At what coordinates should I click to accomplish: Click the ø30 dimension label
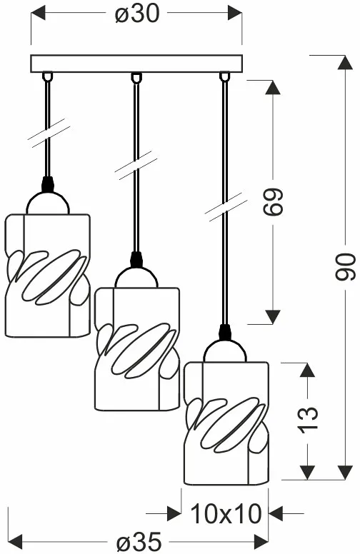tap(137, 14)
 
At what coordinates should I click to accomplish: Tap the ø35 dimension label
tap(139, 541)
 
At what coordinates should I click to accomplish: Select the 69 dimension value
tap(273, 201)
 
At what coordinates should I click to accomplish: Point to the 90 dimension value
tap(345, 267)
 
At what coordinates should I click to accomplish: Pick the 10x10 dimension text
tap(226, 514)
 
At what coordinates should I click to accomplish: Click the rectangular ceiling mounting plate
tap(136, 64)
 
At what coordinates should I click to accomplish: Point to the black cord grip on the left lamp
tap(47, 184)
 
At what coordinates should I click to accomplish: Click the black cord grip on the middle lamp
tap(136, 259)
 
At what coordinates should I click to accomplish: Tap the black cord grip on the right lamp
tap(224, 333)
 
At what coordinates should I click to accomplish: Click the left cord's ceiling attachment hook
tap(47, 76)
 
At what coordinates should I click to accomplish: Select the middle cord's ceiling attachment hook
tap(136, 77)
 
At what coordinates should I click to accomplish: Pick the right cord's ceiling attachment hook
tap(224, 76)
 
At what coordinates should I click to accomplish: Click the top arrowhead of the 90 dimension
tap(345, 62)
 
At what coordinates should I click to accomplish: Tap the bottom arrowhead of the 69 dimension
tap(273, 317)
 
